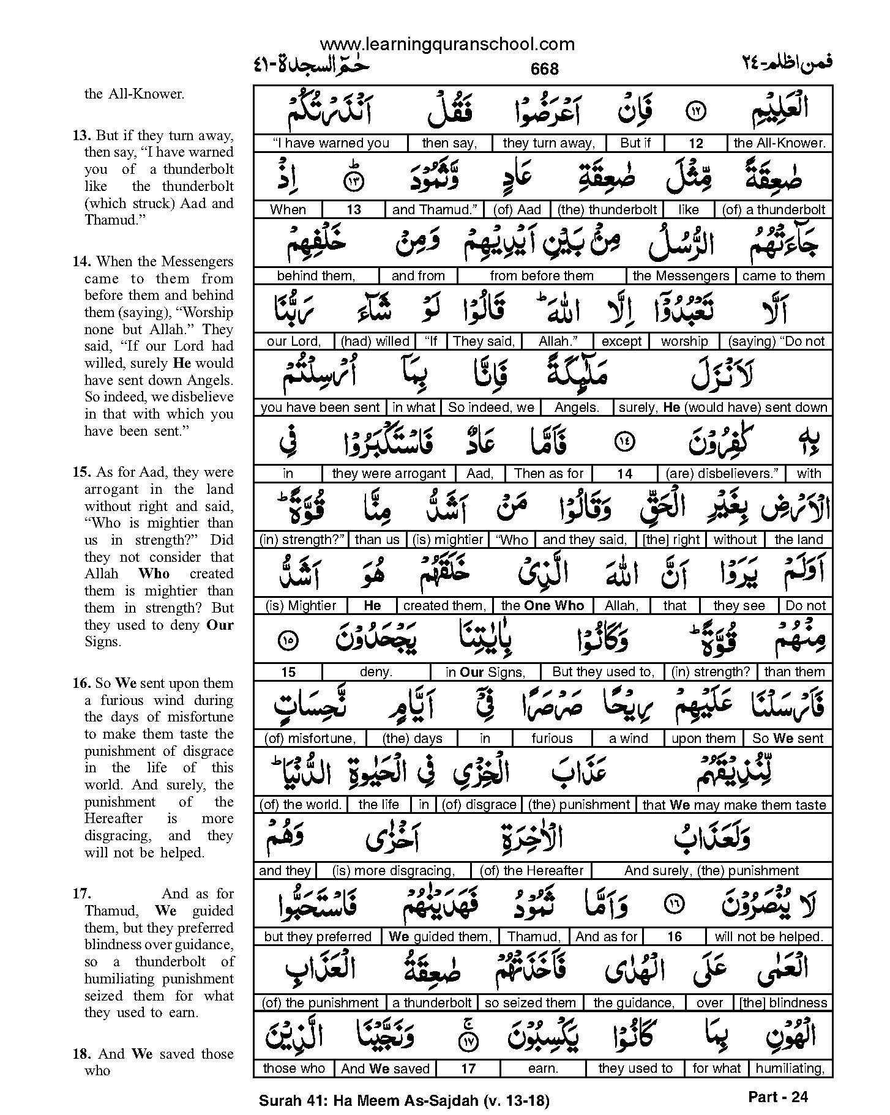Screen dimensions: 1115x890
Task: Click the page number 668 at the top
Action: (544, 69)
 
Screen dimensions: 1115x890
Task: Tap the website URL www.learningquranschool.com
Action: (447, 44)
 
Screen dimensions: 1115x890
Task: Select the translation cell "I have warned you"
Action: (331, 143)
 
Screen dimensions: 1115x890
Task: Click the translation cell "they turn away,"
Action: (548, 143)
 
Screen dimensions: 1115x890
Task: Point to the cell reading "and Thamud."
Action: (435, 209)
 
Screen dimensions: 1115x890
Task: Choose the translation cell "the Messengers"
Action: (681, 275)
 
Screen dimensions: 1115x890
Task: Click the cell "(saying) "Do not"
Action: (776, 341)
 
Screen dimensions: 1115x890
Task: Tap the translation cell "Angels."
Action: (577, 408)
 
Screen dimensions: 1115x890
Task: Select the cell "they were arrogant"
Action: (389, 474)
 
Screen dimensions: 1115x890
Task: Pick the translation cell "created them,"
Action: (444, 606)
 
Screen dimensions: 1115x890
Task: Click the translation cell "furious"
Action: (552, 739)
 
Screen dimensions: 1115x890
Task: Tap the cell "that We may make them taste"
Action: (734, 805)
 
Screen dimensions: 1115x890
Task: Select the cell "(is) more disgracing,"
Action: (393, 871)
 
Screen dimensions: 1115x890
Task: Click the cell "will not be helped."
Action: (769, 937)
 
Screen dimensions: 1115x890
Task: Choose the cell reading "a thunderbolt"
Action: (432, 1003)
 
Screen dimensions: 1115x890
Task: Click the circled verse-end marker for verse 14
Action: (624, 441)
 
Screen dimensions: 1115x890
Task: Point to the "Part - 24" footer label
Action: (778, 1097)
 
